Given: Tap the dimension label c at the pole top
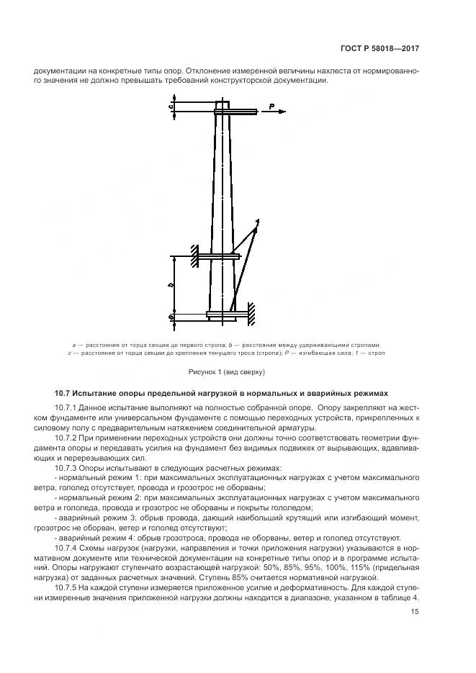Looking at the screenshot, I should pyautogui.click(x=171, y=107).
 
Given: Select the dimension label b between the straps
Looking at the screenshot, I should pyautogui.click(x=171, y=285).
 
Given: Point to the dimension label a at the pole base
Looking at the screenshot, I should pyautogui.click(x=171, y=316).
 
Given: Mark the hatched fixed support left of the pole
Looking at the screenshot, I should pyautogui.click(x=194, y=256).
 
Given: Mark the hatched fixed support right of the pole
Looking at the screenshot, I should pyautogui.click(x=251, y=313).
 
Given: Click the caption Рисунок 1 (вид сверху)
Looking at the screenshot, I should pyautogui.click(x=227, y=372).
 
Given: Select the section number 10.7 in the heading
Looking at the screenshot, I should pyautogui.click(x=64, y=394).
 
